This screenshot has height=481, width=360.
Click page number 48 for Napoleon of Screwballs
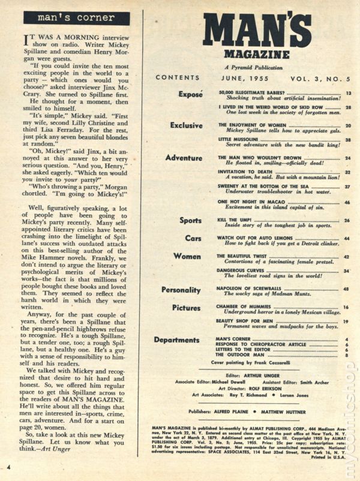point(347,288)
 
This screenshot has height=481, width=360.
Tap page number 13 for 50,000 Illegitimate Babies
point(347,94)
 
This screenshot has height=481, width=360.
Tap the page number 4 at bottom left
point(10,467)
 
